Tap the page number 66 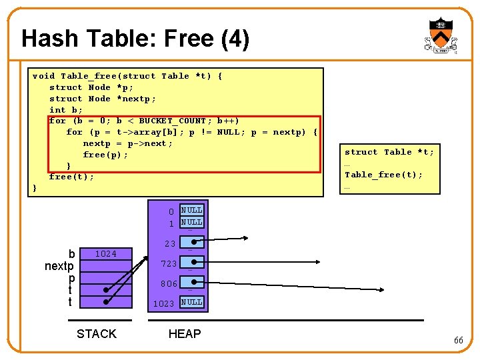point(459,340)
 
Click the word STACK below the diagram point(97,333)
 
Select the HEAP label point(185,333)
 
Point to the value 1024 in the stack point(105,253)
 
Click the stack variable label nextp point(59,266)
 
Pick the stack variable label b point(71,254)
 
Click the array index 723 point(168,264)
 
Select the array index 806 point(168,283)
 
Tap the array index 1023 point(164,303)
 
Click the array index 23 point(170,244)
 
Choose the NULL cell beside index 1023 point(192,302)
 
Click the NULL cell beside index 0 point(192,210)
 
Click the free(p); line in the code point(105,155)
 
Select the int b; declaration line point(66,109)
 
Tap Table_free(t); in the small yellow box point(383,175)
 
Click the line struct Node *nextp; point(103,99)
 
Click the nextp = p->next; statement point(127,143)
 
